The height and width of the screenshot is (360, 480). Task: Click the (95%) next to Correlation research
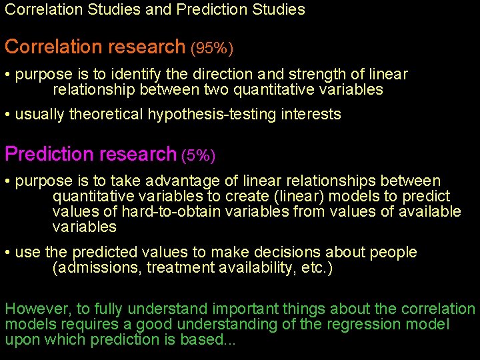click(212, 49)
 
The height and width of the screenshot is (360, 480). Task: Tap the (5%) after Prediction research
click(198, 156)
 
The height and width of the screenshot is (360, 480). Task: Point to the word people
click(395, 253)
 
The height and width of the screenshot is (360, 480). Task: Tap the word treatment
click(177, 268)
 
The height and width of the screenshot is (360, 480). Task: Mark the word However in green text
click(31, 309)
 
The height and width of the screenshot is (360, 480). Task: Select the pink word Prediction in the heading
click(48, 154)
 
